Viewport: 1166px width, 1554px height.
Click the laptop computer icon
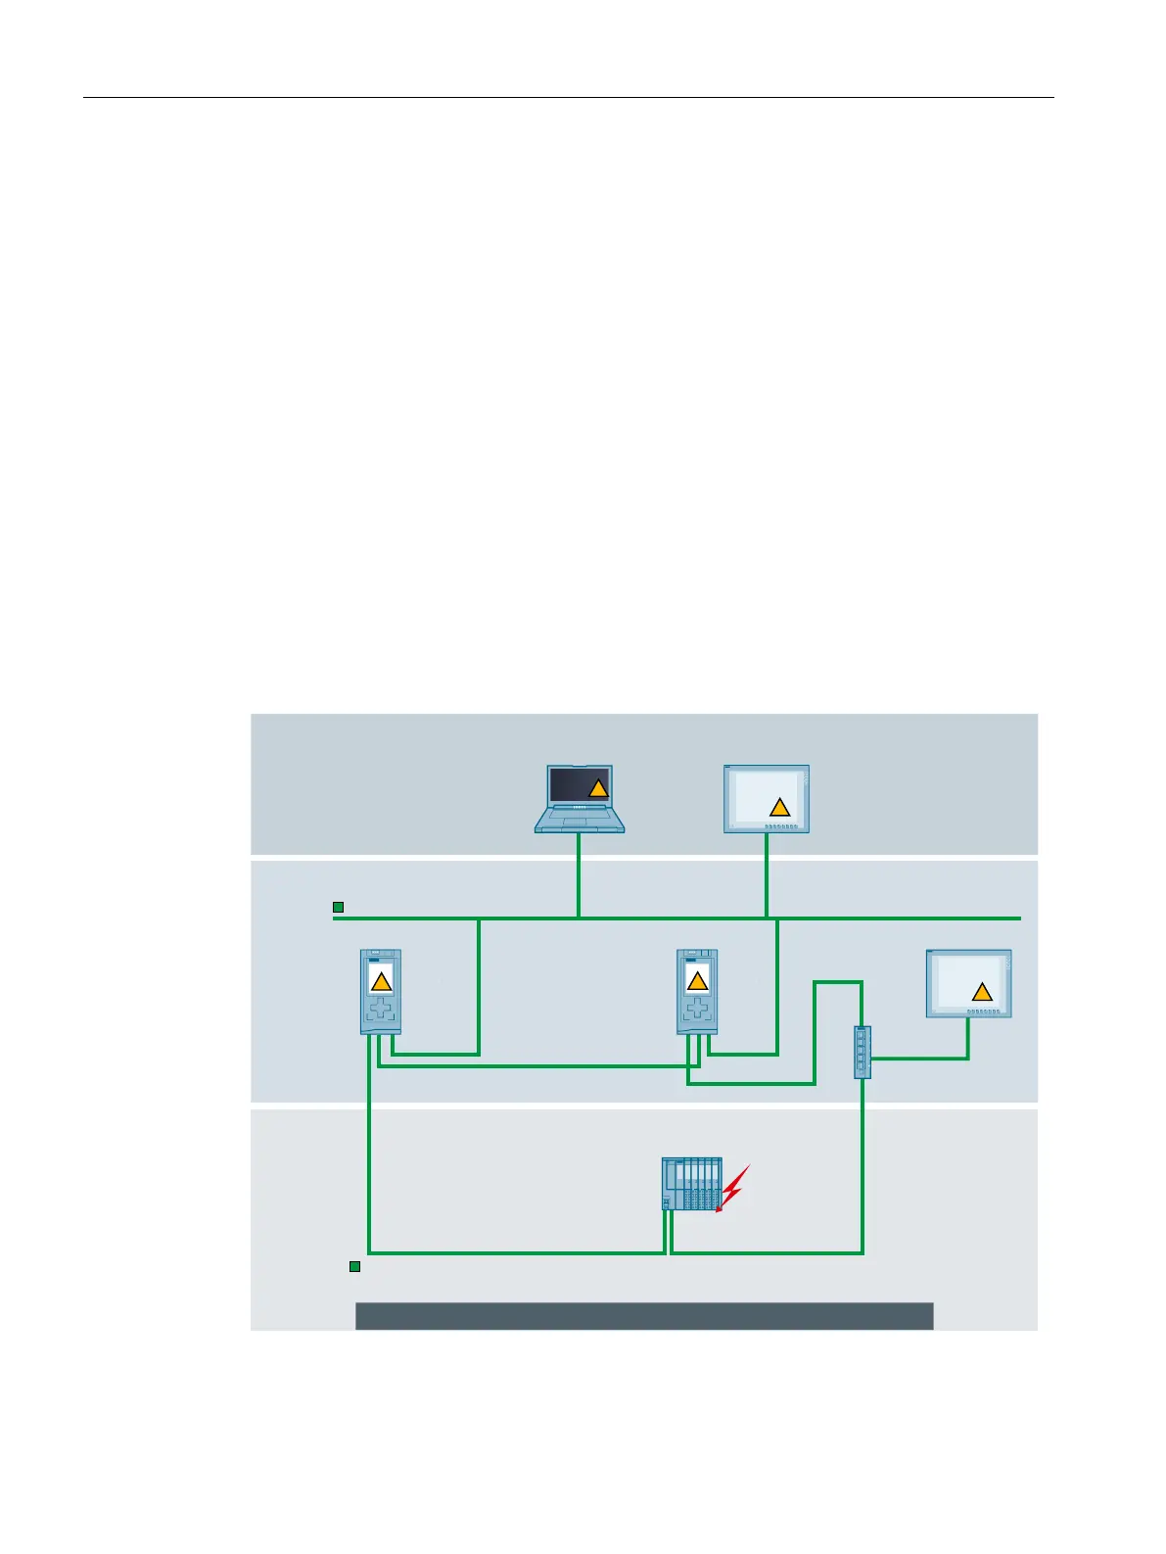[x=579, y=799]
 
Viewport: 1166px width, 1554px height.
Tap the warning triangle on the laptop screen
[x=598, y=788]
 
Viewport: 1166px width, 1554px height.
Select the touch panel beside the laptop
[x=766, y=799]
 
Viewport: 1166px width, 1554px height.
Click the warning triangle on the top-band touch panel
[x=779, y=808]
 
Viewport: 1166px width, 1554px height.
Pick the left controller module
[x=381, y=991]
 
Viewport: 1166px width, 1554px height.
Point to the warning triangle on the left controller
[x=382, y=981]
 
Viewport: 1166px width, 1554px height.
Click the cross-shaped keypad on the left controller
[x=381, y=1008]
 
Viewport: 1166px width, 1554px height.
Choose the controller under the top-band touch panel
[x=697, y=991]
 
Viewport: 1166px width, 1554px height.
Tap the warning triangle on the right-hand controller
[x=697, y=981]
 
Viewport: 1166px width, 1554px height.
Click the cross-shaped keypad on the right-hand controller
[x=697, y=1008]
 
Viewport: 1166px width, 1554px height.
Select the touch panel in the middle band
[x=969, y=983]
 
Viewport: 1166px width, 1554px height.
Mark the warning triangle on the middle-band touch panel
[x=982, y=993]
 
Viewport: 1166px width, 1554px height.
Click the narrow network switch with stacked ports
[x=862, y=1052]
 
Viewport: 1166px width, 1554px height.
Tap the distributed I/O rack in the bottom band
[x=692, y=1184]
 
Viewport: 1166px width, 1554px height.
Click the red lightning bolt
[x=733, y=1188]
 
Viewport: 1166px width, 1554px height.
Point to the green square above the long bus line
[x=338, y=908]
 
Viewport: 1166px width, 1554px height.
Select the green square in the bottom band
[x=355, y=1267]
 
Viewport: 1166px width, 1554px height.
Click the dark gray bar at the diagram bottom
[x=643, y=1315]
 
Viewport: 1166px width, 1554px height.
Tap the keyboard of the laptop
[x=579, y=819]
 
